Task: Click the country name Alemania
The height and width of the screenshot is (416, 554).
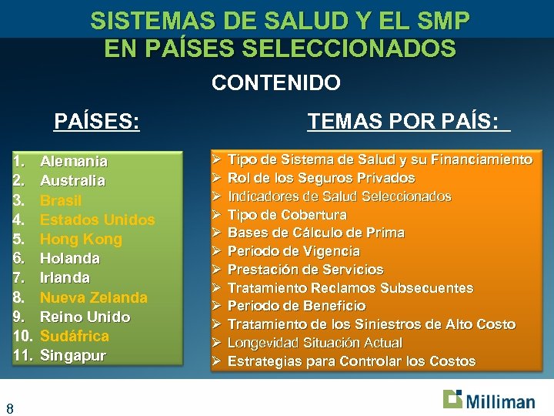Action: click(x=73, y=162)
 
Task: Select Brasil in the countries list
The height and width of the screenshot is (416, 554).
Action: click(x=61, y=200)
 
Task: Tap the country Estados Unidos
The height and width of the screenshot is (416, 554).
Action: click(x=97, y=220)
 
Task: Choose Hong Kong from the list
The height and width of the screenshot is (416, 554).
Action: click(x=81, y=239)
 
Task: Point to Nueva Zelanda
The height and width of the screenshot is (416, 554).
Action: click(x=93, y=297)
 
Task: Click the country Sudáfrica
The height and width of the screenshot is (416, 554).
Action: click(x=74, y=336)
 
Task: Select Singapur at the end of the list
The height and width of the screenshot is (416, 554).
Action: click(x=72, y=355)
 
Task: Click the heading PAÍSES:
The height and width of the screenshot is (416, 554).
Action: click(x=97, y=122)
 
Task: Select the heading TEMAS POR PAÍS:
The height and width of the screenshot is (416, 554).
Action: click(x=408, y=121)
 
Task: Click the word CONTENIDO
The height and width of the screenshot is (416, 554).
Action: click(x=275, y=82)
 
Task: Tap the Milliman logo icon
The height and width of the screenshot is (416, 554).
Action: click(x=453, y=399)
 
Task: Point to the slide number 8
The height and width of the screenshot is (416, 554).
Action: click(x=9, y=408)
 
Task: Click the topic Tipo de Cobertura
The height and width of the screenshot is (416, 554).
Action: click(x=287, y=214)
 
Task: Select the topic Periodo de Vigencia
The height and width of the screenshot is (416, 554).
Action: click(x=294, y=251)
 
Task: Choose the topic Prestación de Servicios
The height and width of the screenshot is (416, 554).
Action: click(x=305, y=270)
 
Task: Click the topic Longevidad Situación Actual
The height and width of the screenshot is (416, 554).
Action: click(x=315, y=343)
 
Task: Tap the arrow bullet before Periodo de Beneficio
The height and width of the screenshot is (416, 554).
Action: click(x=217, y=306)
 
